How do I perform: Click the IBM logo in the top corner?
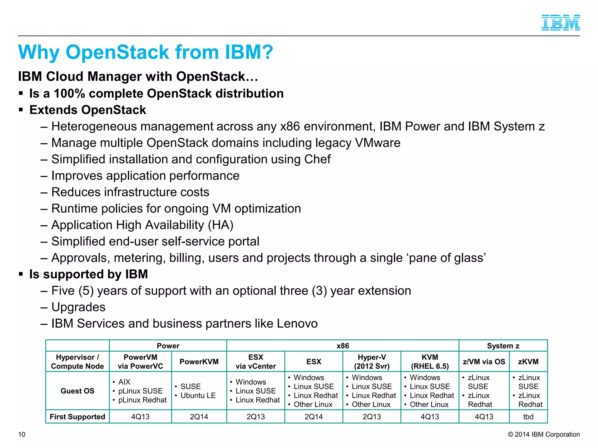[x=561, y=23]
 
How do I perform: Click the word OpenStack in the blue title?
[x=117, y=52]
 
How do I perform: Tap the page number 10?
[x=22, y=434]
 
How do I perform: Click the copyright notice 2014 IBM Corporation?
[x=544, y=434]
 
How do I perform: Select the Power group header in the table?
[x=168, y=346]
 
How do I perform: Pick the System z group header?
[x=503, y=346]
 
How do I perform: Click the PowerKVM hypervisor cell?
[x=199, y=362]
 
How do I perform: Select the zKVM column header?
[x=528, y=362]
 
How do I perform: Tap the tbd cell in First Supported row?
[x=528, y=417]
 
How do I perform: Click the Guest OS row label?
[x=77, y=391]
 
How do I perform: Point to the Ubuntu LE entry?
[x=198, y=395]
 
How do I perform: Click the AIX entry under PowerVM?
[x=124, y=382]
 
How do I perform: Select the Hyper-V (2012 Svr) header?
[x=372, y=362]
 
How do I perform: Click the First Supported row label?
[x=77, y=417]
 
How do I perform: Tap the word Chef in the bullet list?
[x=317, y=159]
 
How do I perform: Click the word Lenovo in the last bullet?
[x=297, y=323]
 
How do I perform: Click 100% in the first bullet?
[x=69, y=94]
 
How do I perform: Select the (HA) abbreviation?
[x=220, y=225]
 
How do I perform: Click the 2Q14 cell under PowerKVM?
[x=199, y=417]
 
